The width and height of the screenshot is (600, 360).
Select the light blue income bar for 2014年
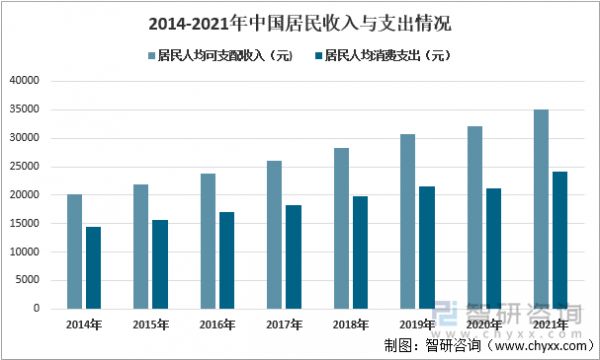point(75,251)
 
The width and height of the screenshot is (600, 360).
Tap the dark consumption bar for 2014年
point(93,267)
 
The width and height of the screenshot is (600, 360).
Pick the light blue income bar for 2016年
point(206,241)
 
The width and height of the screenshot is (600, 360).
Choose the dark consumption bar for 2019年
point(427,247)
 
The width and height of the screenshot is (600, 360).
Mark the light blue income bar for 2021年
point(541,209)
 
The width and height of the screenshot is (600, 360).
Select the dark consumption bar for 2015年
point(159,264)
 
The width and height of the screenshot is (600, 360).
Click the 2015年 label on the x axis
point(150,325)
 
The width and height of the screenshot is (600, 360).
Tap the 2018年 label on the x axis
point(350,325)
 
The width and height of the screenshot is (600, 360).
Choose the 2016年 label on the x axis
point(217,325)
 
